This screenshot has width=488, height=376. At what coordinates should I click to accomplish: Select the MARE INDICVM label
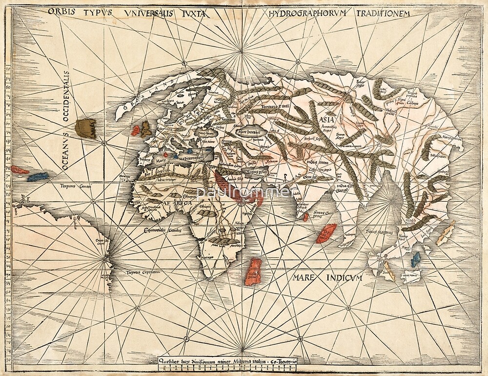point(327,278)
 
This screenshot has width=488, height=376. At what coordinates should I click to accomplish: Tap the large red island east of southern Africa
point(253,272)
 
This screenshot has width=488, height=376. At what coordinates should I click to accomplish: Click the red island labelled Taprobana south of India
point(326,233)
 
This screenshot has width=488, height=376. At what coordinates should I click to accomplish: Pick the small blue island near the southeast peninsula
point(415,259)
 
